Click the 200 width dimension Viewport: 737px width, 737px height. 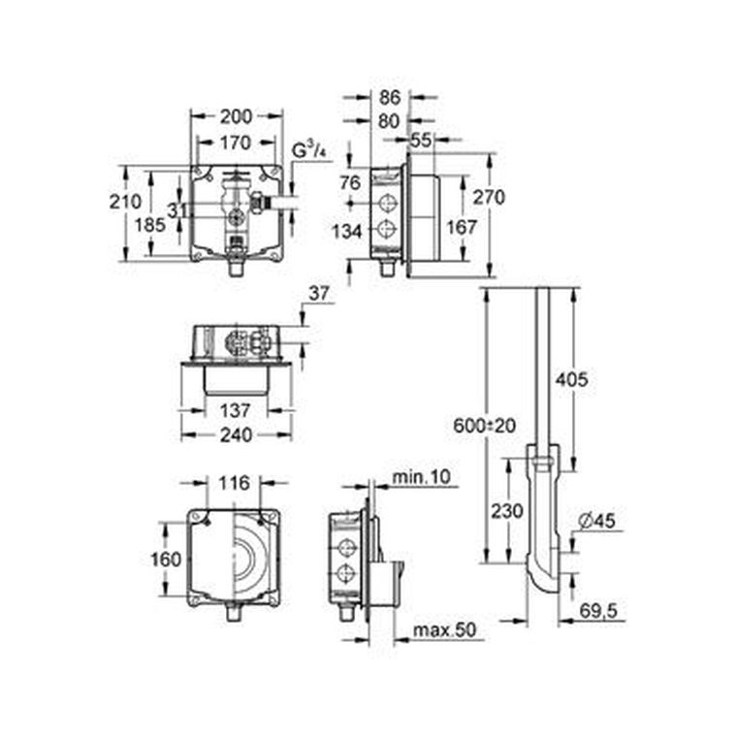(x=236, y=116)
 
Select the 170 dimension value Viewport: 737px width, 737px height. (x=236, y=143)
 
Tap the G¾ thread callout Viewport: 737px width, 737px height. (x=309, y=150)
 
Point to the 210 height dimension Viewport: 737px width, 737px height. (x=125, y=202)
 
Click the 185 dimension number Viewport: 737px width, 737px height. (x=150, y=225)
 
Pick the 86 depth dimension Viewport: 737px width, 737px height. (x=390, y=98)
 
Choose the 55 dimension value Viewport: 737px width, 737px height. (x=421, y=140)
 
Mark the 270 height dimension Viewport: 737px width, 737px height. (x=489, y=197)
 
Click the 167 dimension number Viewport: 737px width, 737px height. (x=462, y=228)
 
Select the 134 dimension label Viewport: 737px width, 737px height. (x=347, y=231)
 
